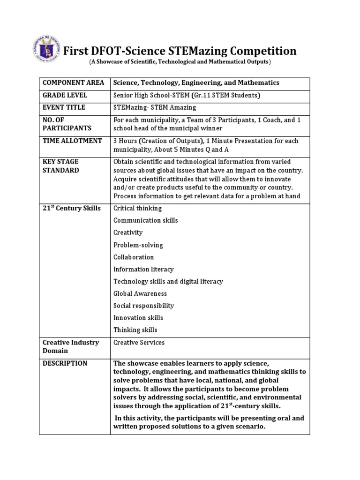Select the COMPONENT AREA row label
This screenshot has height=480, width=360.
click(73, 83)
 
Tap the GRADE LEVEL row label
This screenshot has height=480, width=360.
click(65, 95)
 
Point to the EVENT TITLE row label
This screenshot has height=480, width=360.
click(64, 107)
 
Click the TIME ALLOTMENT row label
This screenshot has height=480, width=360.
click(72, 141)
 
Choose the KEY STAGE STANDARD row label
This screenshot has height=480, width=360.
click(61, 166)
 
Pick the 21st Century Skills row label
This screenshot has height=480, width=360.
click(72, 208)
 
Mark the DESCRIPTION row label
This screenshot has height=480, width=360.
click(65, 363)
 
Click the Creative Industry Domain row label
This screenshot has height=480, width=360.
click(71, 346)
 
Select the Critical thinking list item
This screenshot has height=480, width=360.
click(137, 208)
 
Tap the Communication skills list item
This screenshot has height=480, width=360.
click(145, 220)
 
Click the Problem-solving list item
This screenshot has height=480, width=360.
click(138, 245)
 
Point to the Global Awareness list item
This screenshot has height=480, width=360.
click(140, 293)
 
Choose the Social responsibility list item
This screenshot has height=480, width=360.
click(143, 306)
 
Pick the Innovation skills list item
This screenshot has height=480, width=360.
click(138, 318)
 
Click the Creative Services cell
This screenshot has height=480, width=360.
click(139, 343)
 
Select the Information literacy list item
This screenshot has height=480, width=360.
click(143, 269)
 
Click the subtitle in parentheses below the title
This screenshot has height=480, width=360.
click(180, 62)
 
